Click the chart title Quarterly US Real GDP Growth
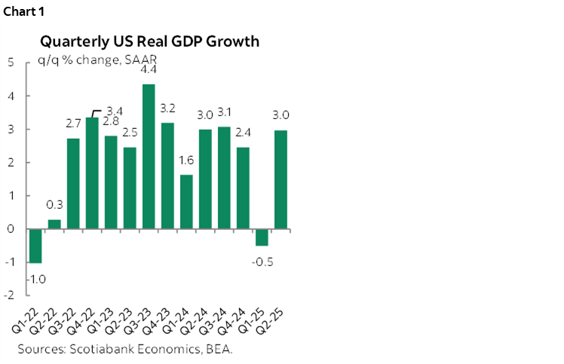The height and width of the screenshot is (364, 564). coord(151,41)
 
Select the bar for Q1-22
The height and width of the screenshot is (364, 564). coord(34,246)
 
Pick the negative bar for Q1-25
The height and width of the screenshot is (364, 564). coord(261,237)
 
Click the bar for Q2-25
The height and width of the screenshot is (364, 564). coord(280,179)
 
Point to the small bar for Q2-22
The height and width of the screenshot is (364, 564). coord(54,224)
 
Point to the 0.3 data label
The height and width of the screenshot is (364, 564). coord(54,205)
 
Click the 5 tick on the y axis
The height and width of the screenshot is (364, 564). coord(10,63)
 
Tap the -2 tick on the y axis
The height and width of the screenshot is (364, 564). coord(8,295)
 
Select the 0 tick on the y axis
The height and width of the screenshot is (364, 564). coord(10,229)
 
